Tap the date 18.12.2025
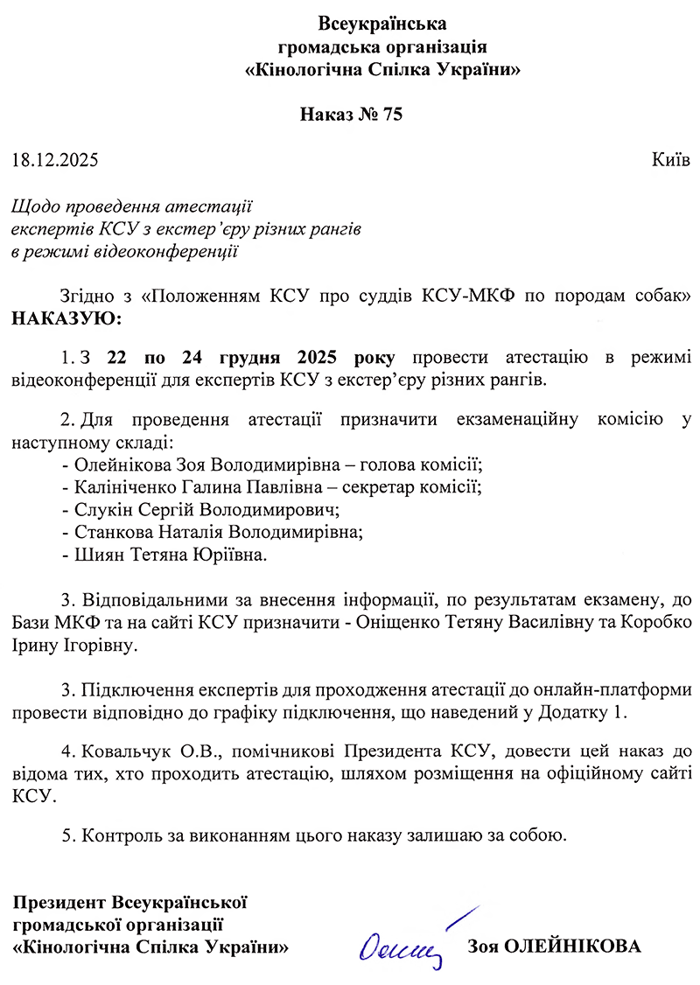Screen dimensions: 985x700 point(55,160)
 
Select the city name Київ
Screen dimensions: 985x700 point(670,160)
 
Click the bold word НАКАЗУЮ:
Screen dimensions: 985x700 point(68,317)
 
